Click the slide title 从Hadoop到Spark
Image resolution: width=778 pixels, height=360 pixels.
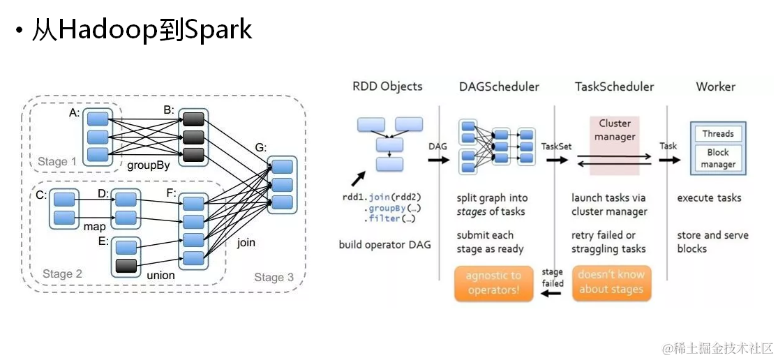[142, 31]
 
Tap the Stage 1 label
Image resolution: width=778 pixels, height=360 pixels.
[57, 162]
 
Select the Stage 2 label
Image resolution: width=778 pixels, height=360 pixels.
[62, 273]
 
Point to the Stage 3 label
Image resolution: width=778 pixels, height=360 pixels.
[274, 277]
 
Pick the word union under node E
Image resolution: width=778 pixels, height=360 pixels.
[160, 275]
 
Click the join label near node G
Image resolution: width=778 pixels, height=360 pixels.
[246, 243]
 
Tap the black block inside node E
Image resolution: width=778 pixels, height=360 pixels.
[126, 266]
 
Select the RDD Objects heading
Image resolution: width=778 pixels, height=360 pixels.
[387, 87]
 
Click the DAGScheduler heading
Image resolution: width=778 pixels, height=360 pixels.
[499, 87]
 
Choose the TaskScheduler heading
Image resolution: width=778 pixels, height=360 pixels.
[614, 87]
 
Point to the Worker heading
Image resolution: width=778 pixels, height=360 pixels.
[715, 87]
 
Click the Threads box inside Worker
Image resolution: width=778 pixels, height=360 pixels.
[718, 133]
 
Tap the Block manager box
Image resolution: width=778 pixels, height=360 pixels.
[718, 158]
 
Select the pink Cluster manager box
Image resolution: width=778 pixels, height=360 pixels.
[615, 146]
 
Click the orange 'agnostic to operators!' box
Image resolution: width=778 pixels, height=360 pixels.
[494, 284]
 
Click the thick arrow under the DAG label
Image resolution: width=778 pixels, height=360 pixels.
[439, 160]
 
